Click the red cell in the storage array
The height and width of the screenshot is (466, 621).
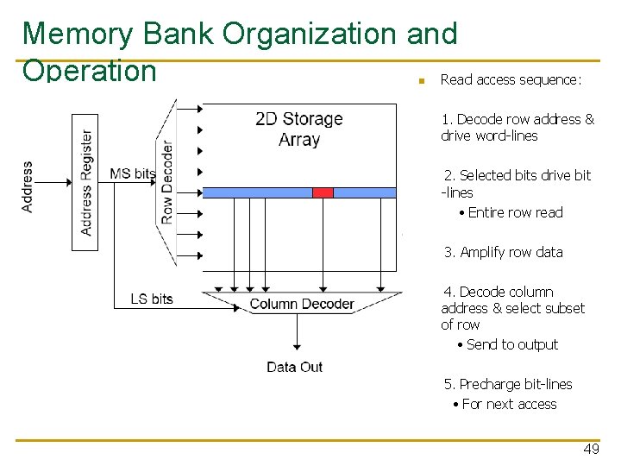coord(323,192)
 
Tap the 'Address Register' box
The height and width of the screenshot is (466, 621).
coord(85,182)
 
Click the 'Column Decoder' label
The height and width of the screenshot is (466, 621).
coord(302,304)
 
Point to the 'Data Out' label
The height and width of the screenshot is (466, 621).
coord(294,367)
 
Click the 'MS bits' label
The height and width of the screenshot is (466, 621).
coord(132,173)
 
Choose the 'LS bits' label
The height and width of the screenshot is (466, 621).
coord(152,299)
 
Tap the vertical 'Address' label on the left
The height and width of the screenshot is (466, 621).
coord(28,186)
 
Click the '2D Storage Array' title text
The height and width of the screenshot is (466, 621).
coord(299,129)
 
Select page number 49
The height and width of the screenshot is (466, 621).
coord(591,450)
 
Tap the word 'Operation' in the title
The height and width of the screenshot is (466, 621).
coord(90,70)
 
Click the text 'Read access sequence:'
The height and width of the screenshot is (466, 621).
coord(511,79)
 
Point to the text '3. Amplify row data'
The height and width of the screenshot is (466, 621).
coord(504,252)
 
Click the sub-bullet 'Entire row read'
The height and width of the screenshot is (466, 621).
coord(515,212)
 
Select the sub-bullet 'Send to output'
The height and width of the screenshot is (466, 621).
coord(512,344)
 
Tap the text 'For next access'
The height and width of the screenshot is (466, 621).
coord(509,404)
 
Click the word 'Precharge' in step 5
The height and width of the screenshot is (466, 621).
coord(490,384)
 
